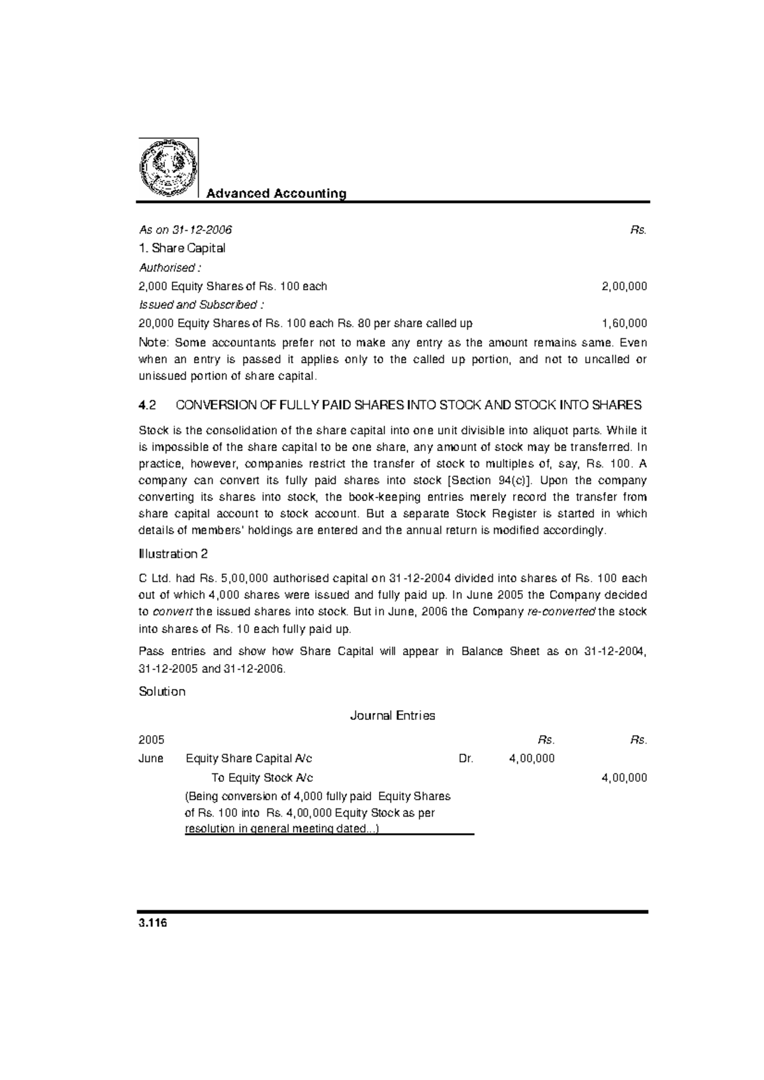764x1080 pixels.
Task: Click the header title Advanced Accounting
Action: pos(276,193)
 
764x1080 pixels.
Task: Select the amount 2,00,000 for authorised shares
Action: pos(624,286)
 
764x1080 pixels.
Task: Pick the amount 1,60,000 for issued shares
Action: pos(624,323)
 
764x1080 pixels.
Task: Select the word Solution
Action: pos(162,691)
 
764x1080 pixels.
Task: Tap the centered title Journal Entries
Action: pos(393,716)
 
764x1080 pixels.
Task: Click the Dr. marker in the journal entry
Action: pos(466,759)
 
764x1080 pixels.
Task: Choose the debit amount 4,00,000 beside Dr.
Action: pos(532,759)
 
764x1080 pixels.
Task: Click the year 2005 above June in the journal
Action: pos(152,740)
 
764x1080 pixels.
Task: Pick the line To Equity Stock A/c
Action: pos(262,778)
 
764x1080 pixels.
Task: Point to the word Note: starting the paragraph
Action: pos(153,343)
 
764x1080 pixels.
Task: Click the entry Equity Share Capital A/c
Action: pos(249,759)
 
